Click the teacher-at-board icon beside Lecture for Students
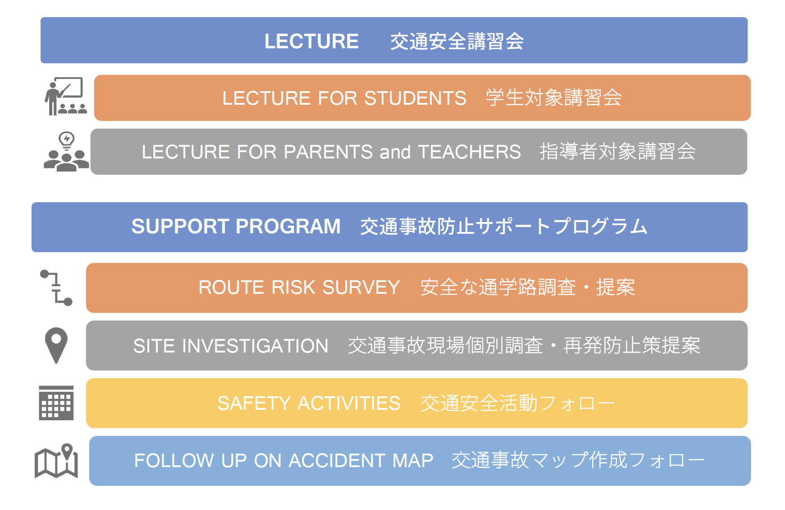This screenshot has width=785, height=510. pos(66,96)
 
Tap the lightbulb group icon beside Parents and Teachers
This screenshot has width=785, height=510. pos(66,152)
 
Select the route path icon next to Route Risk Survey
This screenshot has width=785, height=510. pos(56,287)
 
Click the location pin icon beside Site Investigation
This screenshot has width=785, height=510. pos(56,345)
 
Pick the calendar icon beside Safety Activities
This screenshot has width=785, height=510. pos(56,403)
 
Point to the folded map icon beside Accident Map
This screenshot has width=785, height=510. pos(56,461)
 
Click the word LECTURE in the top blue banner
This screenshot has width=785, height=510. pos(311,42)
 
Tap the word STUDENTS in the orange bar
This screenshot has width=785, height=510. pos(415,98)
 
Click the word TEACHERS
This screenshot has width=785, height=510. pos(470,152)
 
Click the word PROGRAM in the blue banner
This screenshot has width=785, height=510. pos(288,227)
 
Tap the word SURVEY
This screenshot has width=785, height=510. pos(361,287)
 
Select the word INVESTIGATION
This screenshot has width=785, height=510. pos(255,346)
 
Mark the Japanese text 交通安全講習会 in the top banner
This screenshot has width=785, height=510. pos(457,42)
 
